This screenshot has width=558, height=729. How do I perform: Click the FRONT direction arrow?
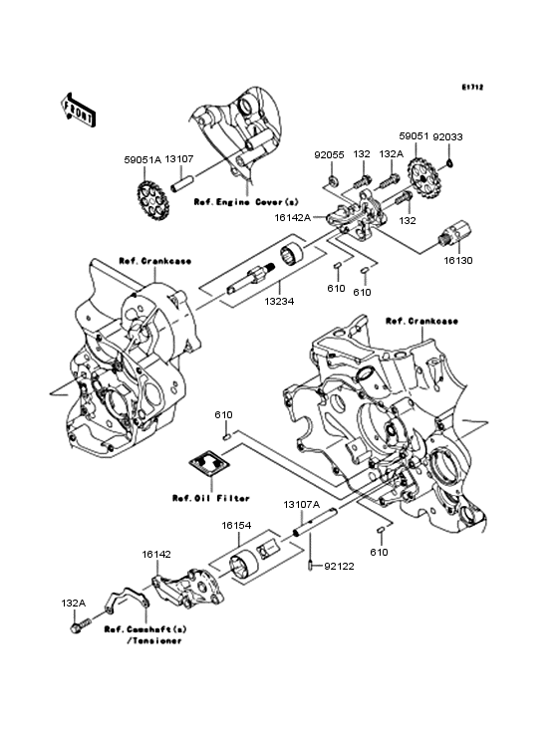pos(78,110)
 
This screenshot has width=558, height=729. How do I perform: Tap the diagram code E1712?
pos(472,87)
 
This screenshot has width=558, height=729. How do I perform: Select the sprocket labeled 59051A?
pos(153,202)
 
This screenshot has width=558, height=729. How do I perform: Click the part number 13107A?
pos(302,505)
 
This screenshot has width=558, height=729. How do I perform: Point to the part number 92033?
pos(447,137)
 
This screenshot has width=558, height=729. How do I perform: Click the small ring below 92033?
pos(449,162)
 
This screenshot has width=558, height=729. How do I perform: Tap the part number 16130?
pos(458,261)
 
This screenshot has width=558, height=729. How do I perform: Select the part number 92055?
pos(329,154)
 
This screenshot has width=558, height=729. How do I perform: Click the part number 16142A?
pos(293,217)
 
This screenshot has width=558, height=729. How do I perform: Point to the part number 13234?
pos(279,302)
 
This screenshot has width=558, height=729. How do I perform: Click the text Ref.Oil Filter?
pos(211,498)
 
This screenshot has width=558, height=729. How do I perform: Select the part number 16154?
pos(236,526)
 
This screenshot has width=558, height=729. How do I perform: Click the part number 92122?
pos(339,567)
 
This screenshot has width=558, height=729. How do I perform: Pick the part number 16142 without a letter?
pos(156,554)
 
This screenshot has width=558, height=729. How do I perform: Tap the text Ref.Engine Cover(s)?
pos(246,202)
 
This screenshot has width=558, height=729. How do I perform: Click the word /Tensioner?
pos(154,641)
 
